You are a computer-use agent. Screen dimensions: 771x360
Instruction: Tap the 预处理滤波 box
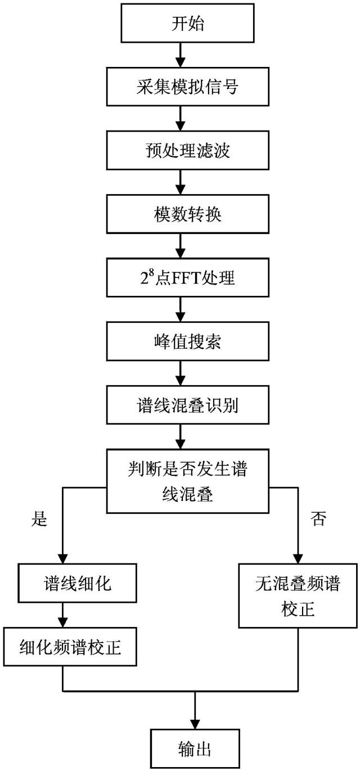(x=179, y=151)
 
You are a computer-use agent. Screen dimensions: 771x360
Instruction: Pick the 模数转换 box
(x=179, y=215)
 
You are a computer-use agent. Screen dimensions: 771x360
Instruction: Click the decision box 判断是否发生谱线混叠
(x=179, y=480)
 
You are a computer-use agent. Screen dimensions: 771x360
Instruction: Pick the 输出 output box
(x=194, y=750)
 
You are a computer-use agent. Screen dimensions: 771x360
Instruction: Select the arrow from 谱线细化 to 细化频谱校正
(x=62, y=616)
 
